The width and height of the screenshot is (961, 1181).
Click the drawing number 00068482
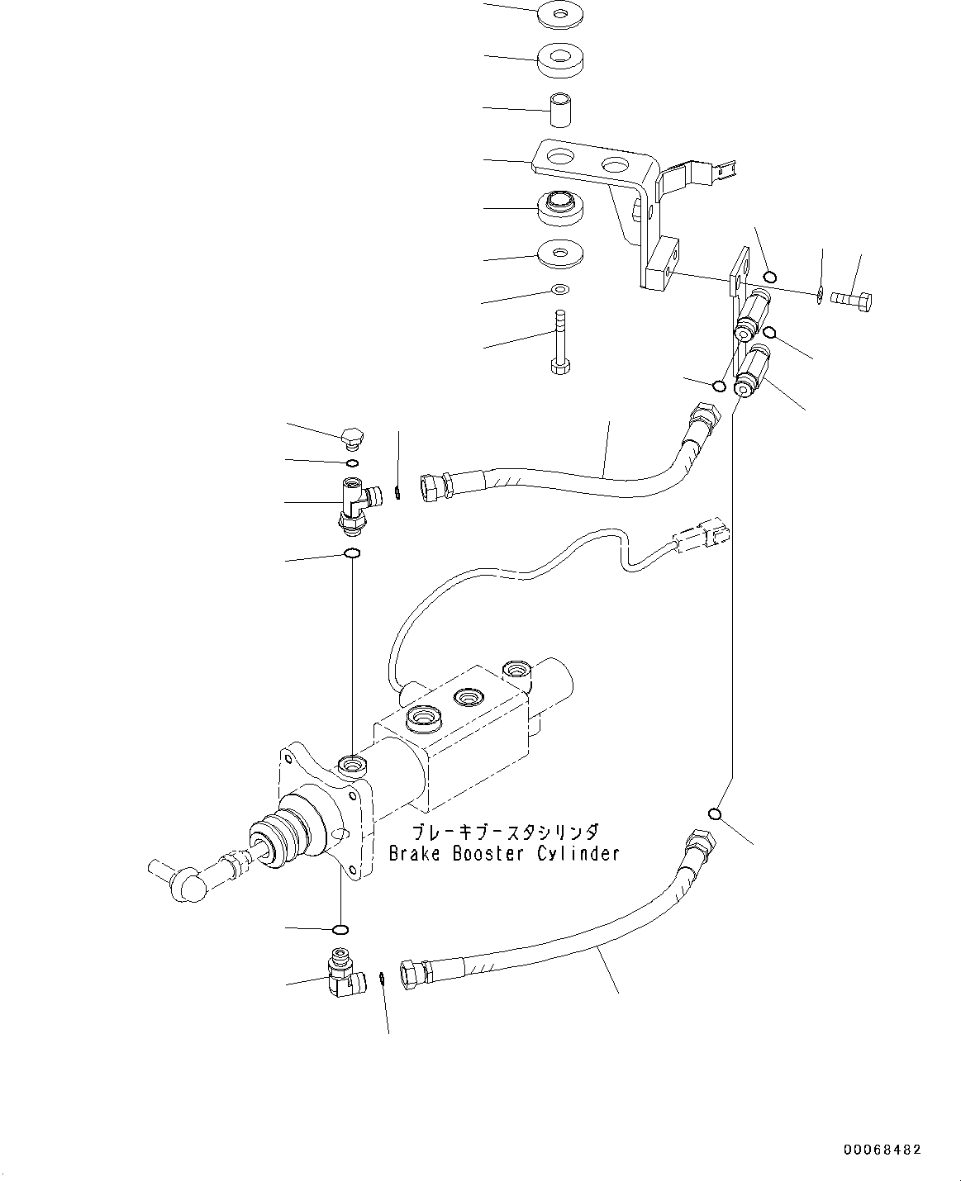(x=882, y=1150)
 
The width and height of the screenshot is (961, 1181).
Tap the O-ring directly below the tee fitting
(x=352, y=553)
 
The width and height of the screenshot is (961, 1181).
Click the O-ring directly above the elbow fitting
(x=340, y=930)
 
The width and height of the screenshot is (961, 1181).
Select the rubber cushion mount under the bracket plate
(x=562, y=206)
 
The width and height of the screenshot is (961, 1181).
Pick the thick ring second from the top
(x=562, y=60)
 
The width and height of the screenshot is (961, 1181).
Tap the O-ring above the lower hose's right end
(x=716, y=815)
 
